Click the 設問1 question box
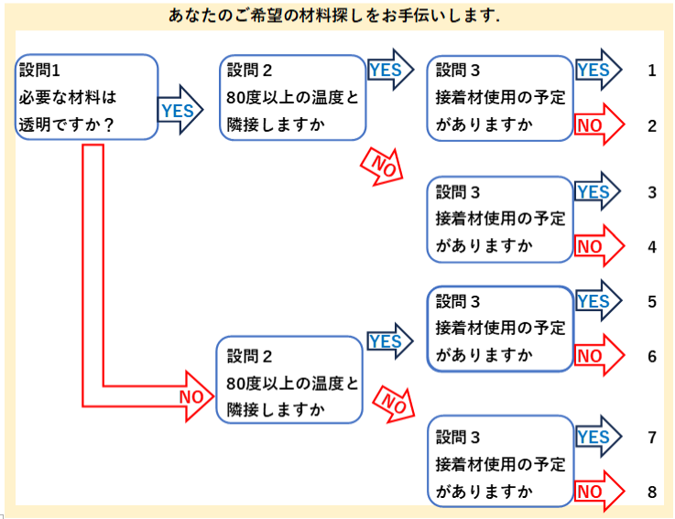87,97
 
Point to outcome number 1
652,70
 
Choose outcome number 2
652,125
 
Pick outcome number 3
652,192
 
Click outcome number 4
652,246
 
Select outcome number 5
652,301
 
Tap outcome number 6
652,356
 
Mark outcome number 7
652,438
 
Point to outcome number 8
652,492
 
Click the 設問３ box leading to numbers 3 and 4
500,220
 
